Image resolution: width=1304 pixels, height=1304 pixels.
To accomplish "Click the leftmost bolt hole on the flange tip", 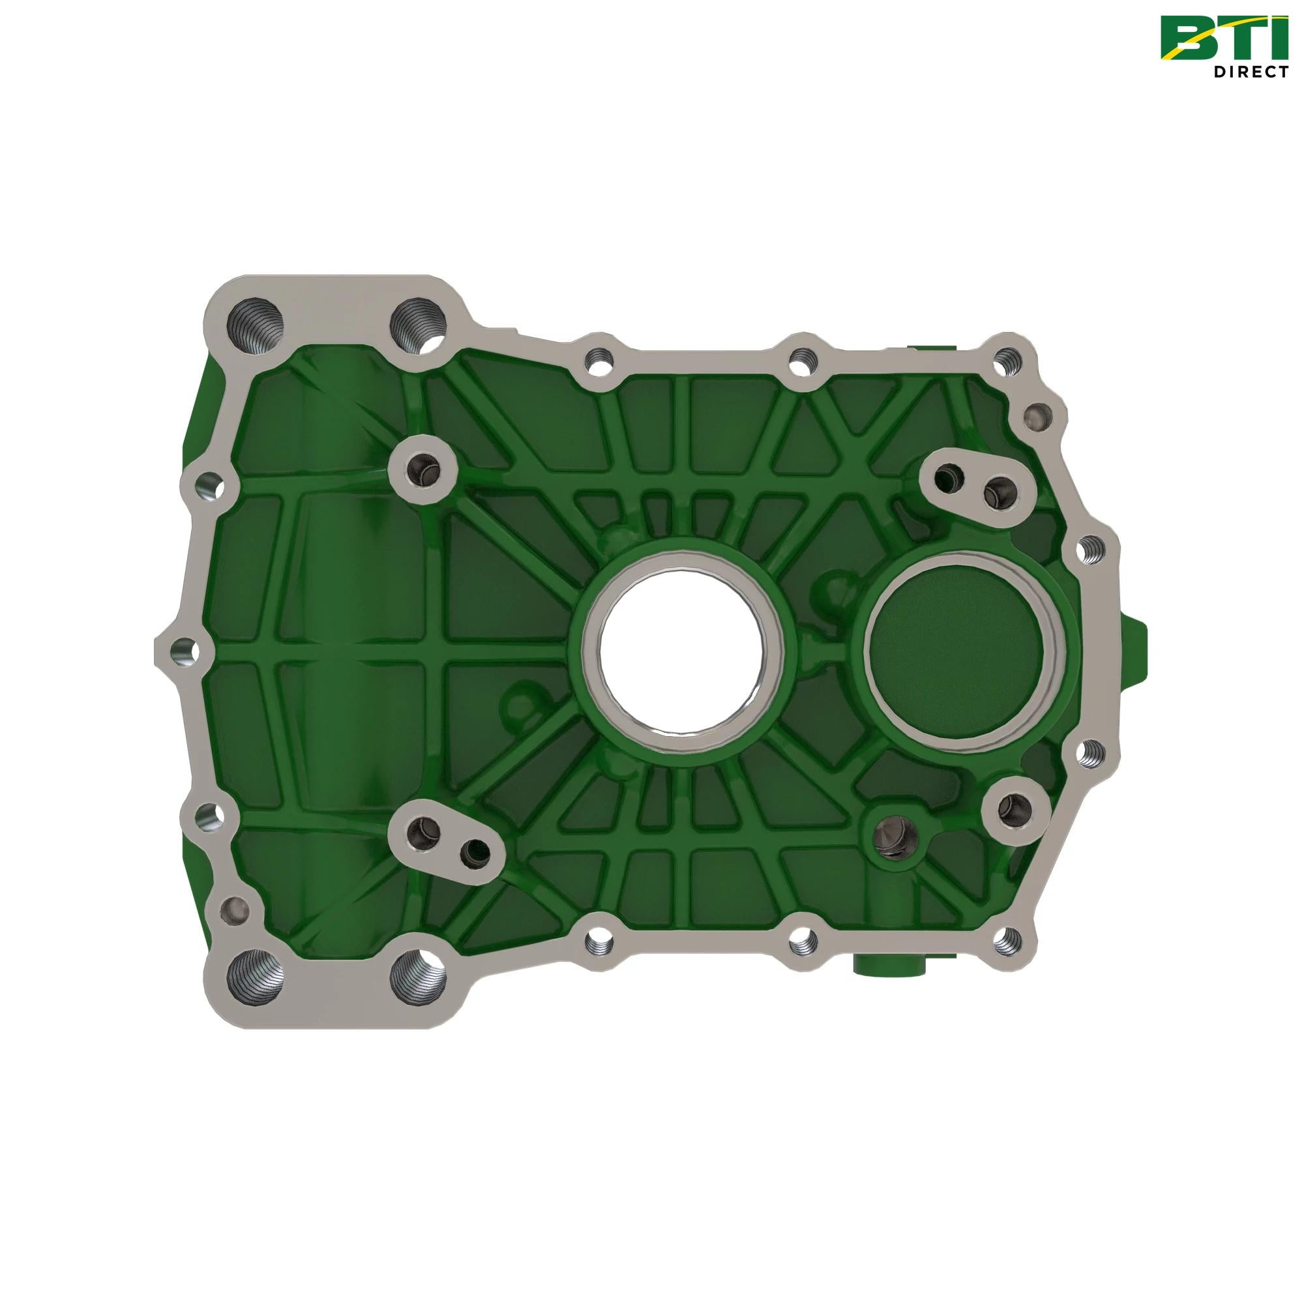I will (181, 649).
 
